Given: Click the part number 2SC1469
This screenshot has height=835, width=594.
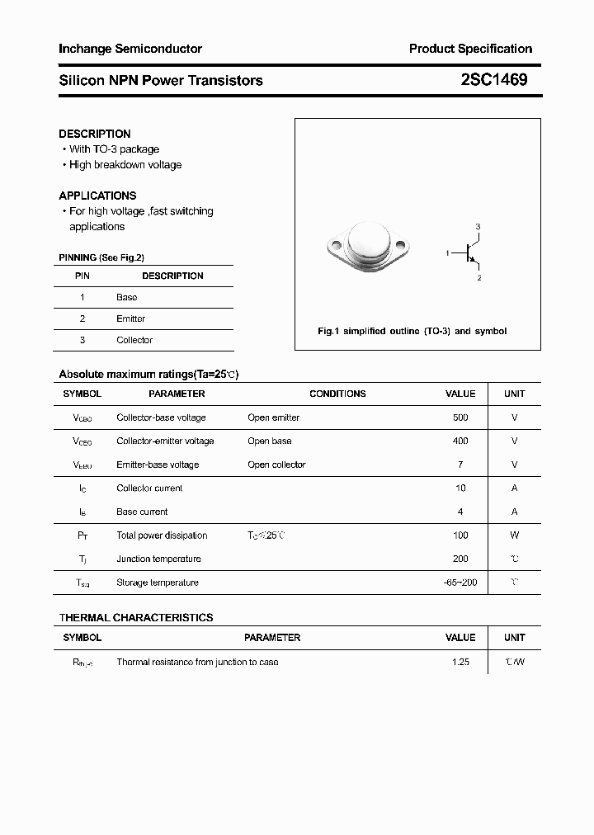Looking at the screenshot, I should (493, 80).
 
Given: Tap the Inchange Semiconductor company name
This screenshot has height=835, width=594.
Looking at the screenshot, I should (130, 49).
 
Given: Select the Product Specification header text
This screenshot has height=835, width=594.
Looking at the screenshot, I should (470, 49).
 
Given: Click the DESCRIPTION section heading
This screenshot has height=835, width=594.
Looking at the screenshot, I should (95, 134).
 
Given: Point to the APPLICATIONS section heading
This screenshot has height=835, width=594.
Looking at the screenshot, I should (97, 196).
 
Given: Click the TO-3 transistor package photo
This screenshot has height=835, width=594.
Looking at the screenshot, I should (368, 245).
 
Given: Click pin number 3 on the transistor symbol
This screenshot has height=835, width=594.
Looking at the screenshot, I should (478, 226).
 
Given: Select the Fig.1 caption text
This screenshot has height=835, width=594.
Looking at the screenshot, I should (412, 331).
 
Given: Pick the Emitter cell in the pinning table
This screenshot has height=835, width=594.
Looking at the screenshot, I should (130, 318).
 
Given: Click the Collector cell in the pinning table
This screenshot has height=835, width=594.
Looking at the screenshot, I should (134, 340).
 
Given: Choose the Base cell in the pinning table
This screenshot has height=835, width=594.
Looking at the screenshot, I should (127, 297).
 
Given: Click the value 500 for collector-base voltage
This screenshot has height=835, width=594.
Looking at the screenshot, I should (460, 417).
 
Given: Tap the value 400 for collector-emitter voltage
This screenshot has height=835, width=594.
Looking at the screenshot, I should (460, 441).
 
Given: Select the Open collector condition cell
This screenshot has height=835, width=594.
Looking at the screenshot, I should (276, 465).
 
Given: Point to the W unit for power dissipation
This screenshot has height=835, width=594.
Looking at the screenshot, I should (514, 535).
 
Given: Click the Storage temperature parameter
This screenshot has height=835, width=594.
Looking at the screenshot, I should (158, 583).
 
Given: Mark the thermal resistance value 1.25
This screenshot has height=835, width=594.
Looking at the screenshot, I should (460, 662).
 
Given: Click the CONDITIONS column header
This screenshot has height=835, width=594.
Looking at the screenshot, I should (337, 394).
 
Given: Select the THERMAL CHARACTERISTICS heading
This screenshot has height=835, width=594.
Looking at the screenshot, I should (136, 617).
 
